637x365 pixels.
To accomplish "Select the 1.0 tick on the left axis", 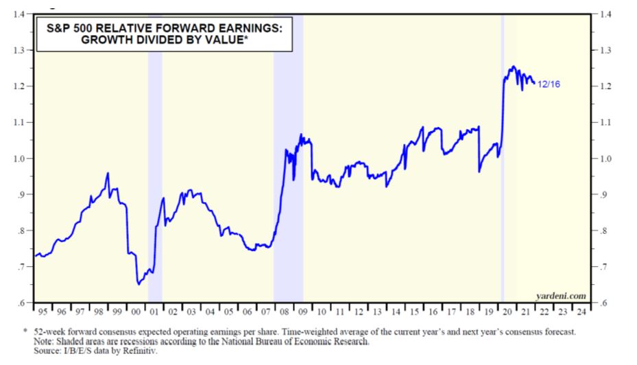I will pyautogui.click(x=20, y=158).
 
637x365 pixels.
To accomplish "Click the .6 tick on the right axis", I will pyautogui.click(x=603, y=303).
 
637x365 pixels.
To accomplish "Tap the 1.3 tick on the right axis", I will pyautogui.click(x=605, y=51).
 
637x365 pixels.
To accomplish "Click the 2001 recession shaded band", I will pyautogui.click(x=155, y=172).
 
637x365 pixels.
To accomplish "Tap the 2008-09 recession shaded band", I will pyautogui.click(x=288, y=172).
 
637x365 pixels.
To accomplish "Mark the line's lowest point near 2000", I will pyautogui.click(x=139, y=283).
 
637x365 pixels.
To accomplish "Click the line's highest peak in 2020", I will pyautogui.click(x=512, y=67).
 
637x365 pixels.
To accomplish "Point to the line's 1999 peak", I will pyautogui.click(x=108, y=174).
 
